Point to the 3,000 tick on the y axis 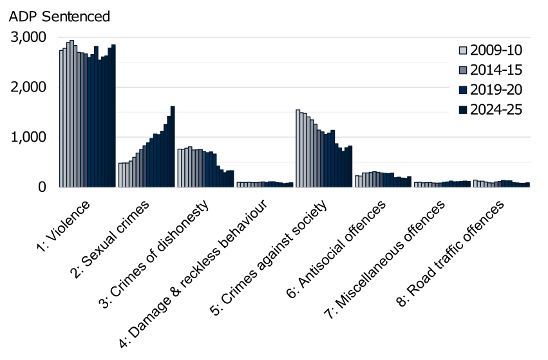tap(29, 37)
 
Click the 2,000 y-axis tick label tap(29, 87)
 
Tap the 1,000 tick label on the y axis tap(29, 137)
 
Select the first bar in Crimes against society tap(298, 148)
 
